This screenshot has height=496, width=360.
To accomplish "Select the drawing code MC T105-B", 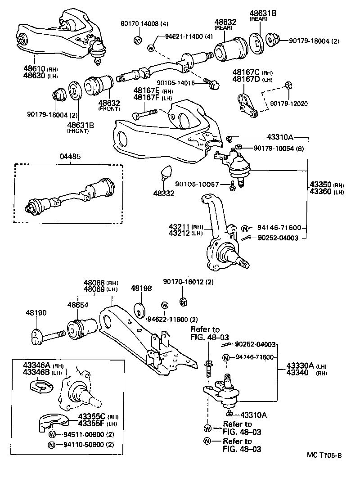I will click(x=324, y=455).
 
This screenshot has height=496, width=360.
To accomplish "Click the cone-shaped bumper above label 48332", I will click(x=166, y=172).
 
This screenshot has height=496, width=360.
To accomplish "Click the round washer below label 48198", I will click(x=140, y=310).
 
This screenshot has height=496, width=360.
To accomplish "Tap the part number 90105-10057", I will click(x=197, y=184).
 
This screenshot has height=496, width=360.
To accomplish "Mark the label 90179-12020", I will click(x=288, y=104).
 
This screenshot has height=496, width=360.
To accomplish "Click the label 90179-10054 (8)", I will click(x=276, y=148).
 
